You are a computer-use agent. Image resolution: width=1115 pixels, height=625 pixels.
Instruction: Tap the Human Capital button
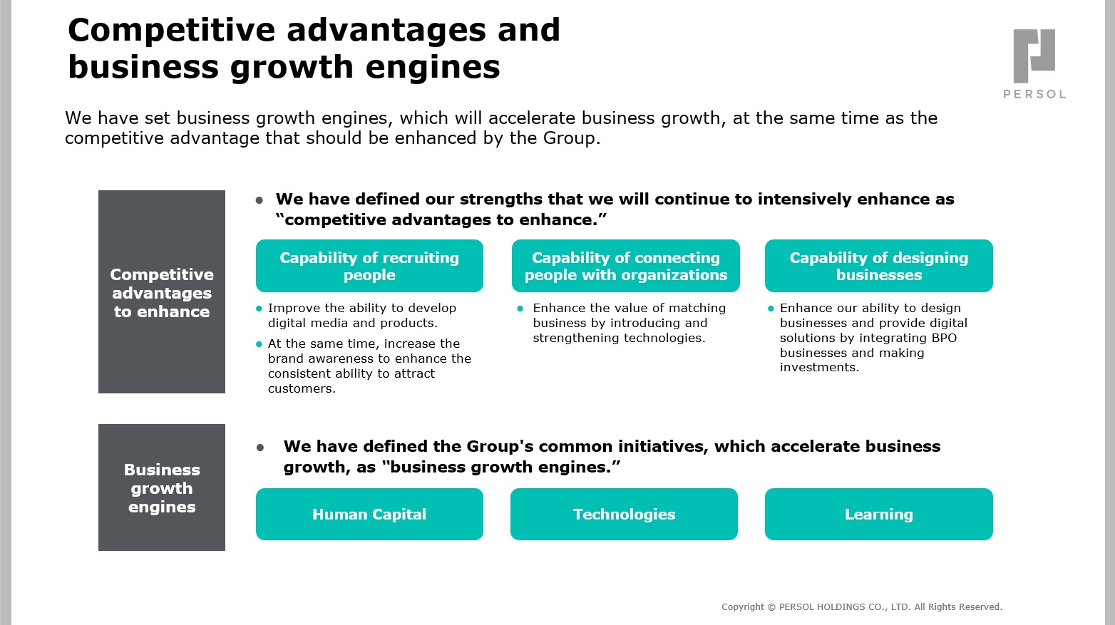pyautogui.click(x=369, y=514)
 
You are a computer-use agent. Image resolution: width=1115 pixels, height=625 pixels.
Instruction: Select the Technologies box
pyautogui.click(x=624, y=514)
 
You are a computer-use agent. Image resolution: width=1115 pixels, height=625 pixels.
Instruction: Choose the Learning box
pyautogui.click(x=878, y=514)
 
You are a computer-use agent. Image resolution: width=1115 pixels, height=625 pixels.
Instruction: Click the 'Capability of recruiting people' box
pyautogui.click(x=369, y=266)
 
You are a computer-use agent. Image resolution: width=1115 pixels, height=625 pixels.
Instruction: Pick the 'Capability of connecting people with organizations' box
pyautogui.click(x=626, y=266)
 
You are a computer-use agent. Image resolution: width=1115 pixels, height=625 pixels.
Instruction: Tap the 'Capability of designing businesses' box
pyautogui.click(x=878, y=266)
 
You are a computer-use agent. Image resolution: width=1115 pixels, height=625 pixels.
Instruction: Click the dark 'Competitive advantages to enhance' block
pyautogui.click(x=162, y=291)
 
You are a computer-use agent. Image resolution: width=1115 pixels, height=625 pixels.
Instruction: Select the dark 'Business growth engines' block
pyautogui.click(x=162, y=487)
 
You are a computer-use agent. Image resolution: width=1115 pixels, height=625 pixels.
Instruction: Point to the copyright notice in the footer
pyautogui.click(x=862, y=606)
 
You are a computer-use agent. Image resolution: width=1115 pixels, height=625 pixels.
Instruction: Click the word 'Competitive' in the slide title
pyautogui.click(x=171, y=30)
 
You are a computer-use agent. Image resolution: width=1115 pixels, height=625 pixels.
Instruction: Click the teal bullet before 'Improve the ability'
pyautogui.click(x=259, y=309)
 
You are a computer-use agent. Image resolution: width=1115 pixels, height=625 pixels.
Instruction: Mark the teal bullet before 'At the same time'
pyautogui.click(x=259, y=344)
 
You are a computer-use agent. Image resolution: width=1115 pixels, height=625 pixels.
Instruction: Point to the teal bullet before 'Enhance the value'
pyautogui.click(x=520, y=309)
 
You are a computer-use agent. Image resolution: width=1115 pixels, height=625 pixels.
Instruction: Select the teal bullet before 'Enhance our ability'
pyautogui.click(x=771, y=309)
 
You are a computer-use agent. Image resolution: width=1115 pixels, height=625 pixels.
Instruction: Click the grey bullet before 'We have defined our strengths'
pyautogui.click(x=260, y=200)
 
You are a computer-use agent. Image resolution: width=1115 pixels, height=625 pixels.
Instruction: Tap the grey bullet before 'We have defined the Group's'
pyautogui.click(x=260, y=448)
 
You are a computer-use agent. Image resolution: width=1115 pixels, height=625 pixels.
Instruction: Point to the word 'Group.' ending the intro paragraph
pyautogui.click(x=572, y=138)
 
